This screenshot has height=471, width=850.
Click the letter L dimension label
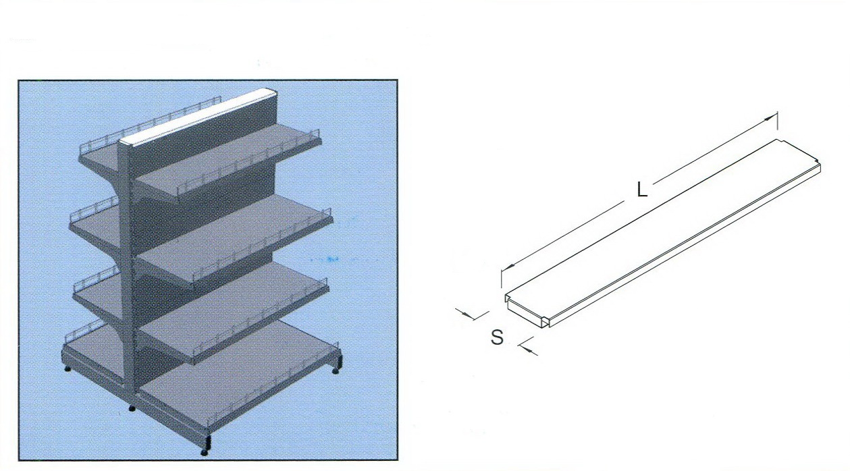641,189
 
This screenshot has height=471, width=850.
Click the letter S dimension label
497,337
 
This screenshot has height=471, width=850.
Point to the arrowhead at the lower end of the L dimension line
507,267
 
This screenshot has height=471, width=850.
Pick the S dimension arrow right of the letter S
528,346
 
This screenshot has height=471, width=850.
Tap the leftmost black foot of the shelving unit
68,368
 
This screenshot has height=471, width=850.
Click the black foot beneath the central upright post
132,408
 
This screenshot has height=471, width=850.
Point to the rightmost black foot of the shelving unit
336,370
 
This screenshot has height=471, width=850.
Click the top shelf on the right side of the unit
228,159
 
